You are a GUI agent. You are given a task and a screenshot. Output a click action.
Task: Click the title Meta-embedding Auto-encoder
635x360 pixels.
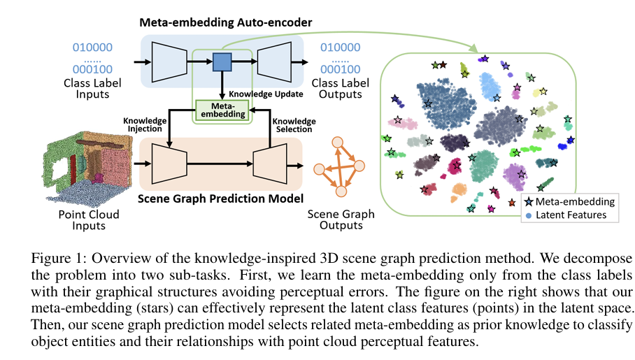[x=226, y=22]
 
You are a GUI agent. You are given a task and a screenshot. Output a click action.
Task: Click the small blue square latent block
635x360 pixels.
[x=222, y=62]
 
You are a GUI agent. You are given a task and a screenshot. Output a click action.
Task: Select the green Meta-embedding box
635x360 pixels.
[x=222, y=110]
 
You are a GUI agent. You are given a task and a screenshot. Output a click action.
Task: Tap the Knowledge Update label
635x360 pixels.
[x=266, y=94]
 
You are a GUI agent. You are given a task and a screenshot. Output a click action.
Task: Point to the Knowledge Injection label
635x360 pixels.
[x=145, y=124]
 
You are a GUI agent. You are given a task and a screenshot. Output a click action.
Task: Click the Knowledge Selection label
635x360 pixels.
[x=294, y=125]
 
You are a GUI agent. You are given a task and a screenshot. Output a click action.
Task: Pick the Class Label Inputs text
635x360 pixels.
[x=92, y=88]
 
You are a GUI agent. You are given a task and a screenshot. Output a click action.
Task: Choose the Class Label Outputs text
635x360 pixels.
[x=340, y=88]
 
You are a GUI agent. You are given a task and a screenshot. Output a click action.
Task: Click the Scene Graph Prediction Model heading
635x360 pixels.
[x=220, y=199]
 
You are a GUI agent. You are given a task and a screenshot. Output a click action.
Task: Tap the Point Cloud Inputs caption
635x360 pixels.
[x=89, y=219]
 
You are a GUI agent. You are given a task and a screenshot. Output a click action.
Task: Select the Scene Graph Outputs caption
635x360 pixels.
[x=341, y=219]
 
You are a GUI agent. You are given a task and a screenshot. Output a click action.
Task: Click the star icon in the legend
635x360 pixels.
[x=529, y=201]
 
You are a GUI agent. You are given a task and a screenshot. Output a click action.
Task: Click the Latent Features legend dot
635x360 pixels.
[x=529, y=215]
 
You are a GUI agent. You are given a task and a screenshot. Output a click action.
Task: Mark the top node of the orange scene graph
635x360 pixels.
[x=338, y=143]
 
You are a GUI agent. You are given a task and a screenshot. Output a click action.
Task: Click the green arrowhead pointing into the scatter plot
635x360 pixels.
[x=473, y=48]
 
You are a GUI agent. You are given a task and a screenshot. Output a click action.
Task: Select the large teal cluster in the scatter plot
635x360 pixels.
[x=485, y=166]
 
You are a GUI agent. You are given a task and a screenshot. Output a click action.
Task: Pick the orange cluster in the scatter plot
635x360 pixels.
[x=458, y=191]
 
